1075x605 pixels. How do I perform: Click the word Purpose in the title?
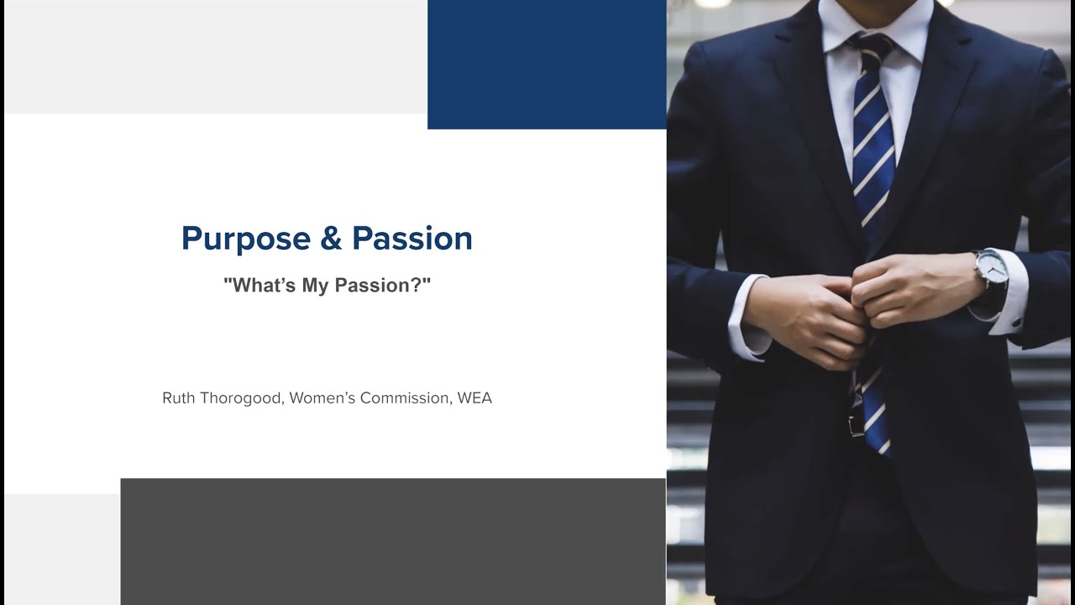pos(245,239)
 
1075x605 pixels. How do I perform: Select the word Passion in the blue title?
pos(412,239)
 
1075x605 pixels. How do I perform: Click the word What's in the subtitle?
pos(256,285)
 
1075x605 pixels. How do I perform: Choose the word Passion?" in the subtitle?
pos(383,285)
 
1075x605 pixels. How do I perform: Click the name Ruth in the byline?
pos(178,397)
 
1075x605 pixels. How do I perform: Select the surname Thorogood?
pos(240,397)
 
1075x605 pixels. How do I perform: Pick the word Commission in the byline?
pos(405,397)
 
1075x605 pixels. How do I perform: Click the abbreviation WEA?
pos(475,397)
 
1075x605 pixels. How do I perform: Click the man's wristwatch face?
pos(990,268)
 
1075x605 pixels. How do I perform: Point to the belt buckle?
pos(856,423)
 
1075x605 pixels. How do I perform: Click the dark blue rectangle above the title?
pos(547,64)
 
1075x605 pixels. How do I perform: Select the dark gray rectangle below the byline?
pos(393,541)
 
